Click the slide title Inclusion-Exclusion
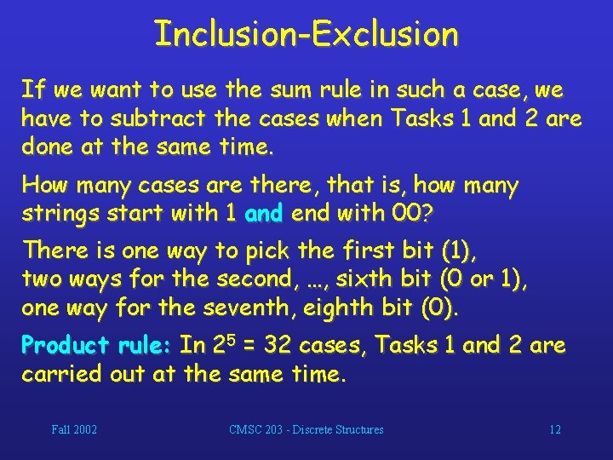pos(306,34)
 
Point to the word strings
pos(58,214)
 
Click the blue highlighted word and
pos(263,214)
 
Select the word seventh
pos(232,308)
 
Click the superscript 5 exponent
pos(224,339)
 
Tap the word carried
pos(60,375)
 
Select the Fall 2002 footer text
pos(74,430)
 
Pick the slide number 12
pos(555,430)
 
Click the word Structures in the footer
pos(356,430)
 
